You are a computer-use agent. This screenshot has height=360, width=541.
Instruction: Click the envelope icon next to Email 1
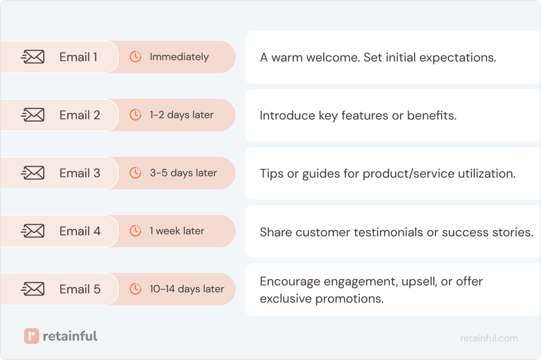click(x=33, y=57)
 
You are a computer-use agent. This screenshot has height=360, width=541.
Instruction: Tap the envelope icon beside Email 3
click(x=33, y=173)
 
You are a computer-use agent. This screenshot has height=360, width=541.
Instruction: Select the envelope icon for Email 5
click(x=33, y=289)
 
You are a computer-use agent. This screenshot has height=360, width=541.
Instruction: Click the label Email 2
click(x=80, y=115)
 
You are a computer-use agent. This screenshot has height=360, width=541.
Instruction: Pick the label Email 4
click(x=80, y=231)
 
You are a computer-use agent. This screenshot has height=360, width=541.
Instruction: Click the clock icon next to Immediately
click(x=136, y=57)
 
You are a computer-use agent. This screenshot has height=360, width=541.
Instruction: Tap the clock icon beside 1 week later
click(x=136, y=231)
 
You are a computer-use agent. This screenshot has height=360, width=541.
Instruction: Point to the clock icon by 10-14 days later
click(x=136, y=289)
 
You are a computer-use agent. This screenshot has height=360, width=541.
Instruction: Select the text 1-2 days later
click(x=181, y=115)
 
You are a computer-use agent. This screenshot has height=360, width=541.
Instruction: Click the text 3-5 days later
click(x=183, y=173)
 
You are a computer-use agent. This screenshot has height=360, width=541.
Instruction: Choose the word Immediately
click(x=179, y=57)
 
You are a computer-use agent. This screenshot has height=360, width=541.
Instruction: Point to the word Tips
click(x=272, y=174)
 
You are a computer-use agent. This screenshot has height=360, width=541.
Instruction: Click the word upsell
click(x=419, y=282)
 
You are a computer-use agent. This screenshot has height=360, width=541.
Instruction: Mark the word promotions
click(x=349, y=299)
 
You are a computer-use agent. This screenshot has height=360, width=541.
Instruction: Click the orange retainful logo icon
click(x=32, y=336)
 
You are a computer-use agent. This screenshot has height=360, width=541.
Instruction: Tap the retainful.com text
click(x=489, y=338)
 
